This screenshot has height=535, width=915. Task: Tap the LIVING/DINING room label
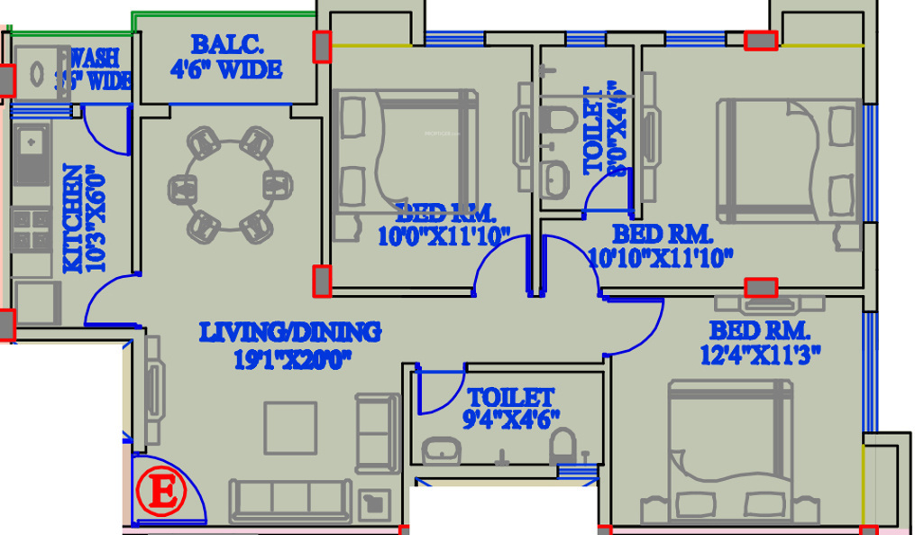[x=289, y=332]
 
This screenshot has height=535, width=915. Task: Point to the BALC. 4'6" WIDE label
[x=225, y=56]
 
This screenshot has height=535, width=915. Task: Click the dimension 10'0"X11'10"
[x=444, y=235]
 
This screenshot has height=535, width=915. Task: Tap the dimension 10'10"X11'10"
[x=660, y=256]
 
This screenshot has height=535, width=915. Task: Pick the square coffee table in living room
[x=289, y=428]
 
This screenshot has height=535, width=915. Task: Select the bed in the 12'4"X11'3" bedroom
[x=724, y=456]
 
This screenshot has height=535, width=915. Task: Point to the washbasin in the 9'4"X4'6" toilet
[x=442, y=449]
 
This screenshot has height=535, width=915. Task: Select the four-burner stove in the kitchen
[x=31, y=229]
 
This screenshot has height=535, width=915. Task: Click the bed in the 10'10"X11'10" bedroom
[x=787, y=161]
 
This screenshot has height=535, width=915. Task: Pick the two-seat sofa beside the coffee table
[x=378, y=432]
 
